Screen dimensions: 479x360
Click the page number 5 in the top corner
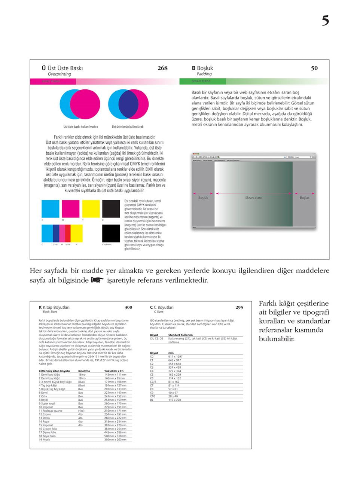(325, 20)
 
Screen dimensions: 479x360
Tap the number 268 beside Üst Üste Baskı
(162, 68)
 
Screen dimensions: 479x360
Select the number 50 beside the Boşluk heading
(314, 68)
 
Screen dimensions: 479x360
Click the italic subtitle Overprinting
(59, 74)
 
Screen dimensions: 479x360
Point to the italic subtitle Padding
(204, 74)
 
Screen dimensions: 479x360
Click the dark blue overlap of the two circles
(128, 104)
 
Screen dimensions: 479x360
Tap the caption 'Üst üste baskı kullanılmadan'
(80, 127)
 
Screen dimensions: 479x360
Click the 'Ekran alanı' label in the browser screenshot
(253, 198)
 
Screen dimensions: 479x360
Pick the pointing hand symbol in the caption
(97, 280)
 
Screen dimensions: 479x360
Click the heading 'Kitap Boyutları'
(56, 307)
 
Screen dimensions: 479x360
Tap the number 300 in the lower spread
(128, 307)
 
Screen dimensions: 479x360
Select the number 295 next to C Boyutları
(239, 307)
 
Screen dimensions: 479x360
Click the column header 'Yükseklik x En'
(114, 371)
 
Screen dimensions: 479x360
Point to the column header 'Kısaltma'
(84, 371)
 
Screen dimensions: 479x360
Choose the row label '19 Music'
(45, 439)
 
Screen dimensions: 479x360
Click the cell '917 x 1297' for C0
(175, 357)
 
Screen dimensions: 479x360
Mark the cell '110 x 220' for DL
(174, 400)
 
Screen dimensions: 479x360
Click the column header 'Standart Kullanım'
(180, 335)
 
